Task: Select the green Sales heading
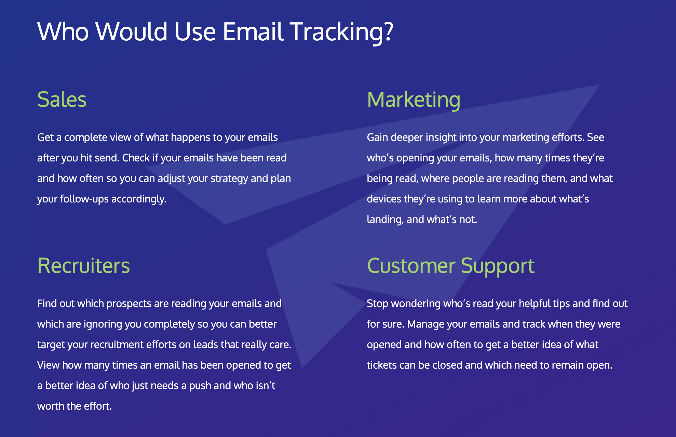click(62, 100)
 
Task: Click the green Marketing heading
click(414, 100)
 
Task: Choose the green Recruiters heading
click(83, 266)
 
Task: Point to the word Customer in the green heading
click(411, 266)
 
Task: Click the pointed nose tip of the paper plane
click(599, 85)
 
